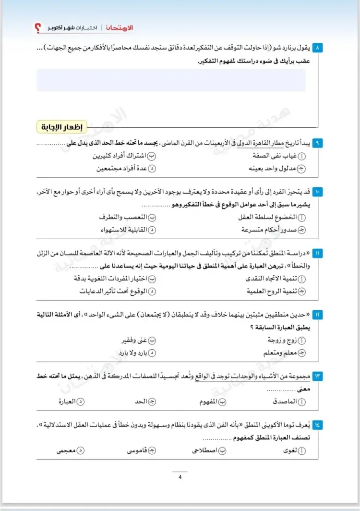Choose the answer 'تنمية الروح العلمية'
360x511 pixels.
[x=274, y=292]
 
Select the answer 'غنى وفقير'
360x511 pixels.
[x=137, y=341]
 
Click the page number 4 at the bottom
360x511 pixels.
[x=180, y=477]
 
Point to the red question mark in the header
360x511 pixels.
[x=38, y=29]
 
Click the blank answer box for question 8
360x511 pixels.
[x=171, y=80]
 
